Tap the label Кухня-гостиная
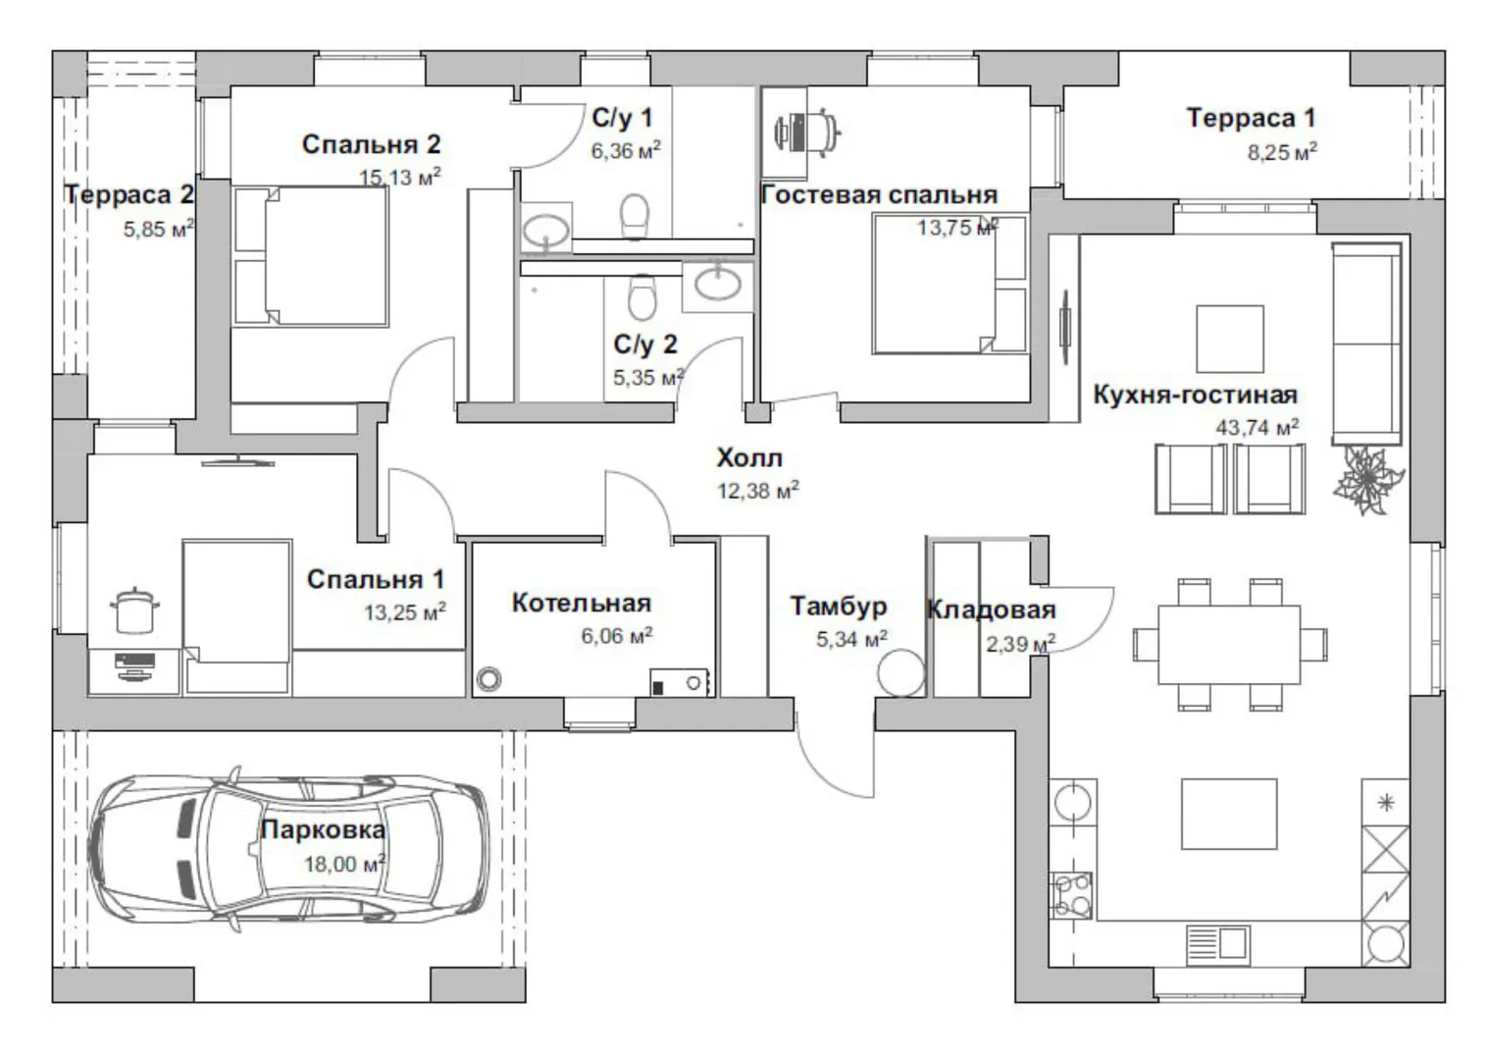[x=1195, y=395]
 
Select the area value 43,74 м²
[x=1256, y=427]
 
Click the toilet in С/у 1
[x=636, y=215]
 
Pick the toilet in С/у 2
[x=641, y=296]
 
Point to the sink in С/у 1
[x=543, y=231]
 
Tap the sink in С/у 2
[x=719, y=283]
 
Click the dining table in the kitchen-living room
[x=1229, y=643]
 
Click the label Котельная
[x=581, y=602]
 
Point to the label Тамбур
[x=839, y=606]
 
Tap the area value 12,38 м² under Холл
[x=757, y=490]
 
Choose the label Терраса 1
[x=1251, y=118]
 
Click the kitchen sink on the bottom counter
[x=1216, y=943]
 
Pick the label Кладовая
[x=991, y=609]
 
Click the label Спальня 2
[x=371, y=144]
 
